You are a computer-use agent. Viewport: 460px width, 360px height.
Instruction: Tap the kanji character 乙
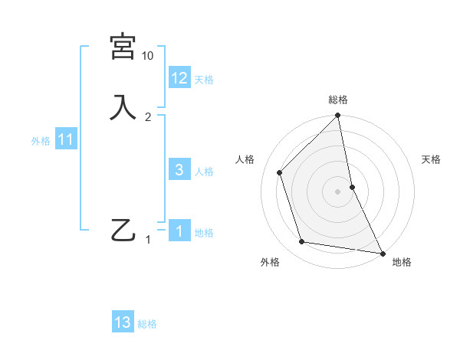tap(123, 230)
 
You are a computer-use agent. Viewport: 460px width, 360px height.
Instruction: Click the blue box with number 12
tap(179, 77)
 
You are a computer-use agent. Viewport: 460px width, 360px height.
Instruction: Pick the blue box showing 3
tap(179, 170)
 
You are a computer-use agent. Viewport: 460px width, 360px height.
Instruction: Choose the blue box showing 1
tap(179, 231)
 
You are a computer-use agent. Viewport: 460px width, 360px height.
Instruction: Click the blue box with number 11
tap(66, 139)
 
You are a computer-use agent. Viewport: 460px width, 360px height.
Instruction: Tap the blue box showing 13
tap(123, 322)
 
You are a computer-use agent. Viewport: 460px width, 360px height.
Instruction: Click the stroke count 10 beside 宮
tap(148, 56)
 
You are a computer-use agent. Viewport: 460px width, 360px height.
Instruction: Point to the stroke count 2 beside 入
tap(148, 116)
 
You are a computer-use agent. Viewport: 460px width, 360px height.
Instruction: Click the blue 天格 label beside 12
tap(204, 80)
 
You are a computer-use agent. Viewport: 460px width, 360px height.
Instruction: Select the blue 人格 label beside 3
tap(204, 172)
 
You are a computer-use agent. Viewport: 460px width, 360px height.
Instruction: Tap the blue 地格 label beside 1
tap(204, 233)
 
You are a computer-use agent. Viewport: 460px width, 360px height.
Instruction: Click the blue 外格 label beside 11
tap(41, 141)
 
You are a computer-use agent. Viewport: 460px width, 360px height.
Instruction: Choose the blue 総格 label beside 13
tap(147, 324)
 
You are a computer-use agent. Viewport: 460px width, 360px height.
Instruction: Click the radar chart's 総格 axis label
tap(338, 100)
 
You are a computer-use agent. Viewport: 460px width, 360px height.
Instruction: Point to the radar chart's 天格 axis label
tap(431, 159)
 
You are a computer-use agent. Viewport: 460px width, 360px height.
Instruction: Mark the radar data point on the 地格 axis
tap(382, 253)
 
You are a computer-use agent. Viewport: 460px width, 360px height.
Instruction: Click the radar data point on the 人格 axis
tap(280, 172)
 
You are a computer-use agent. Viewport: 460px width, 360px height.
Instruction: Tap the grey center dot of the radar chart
tap(338, 191)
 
